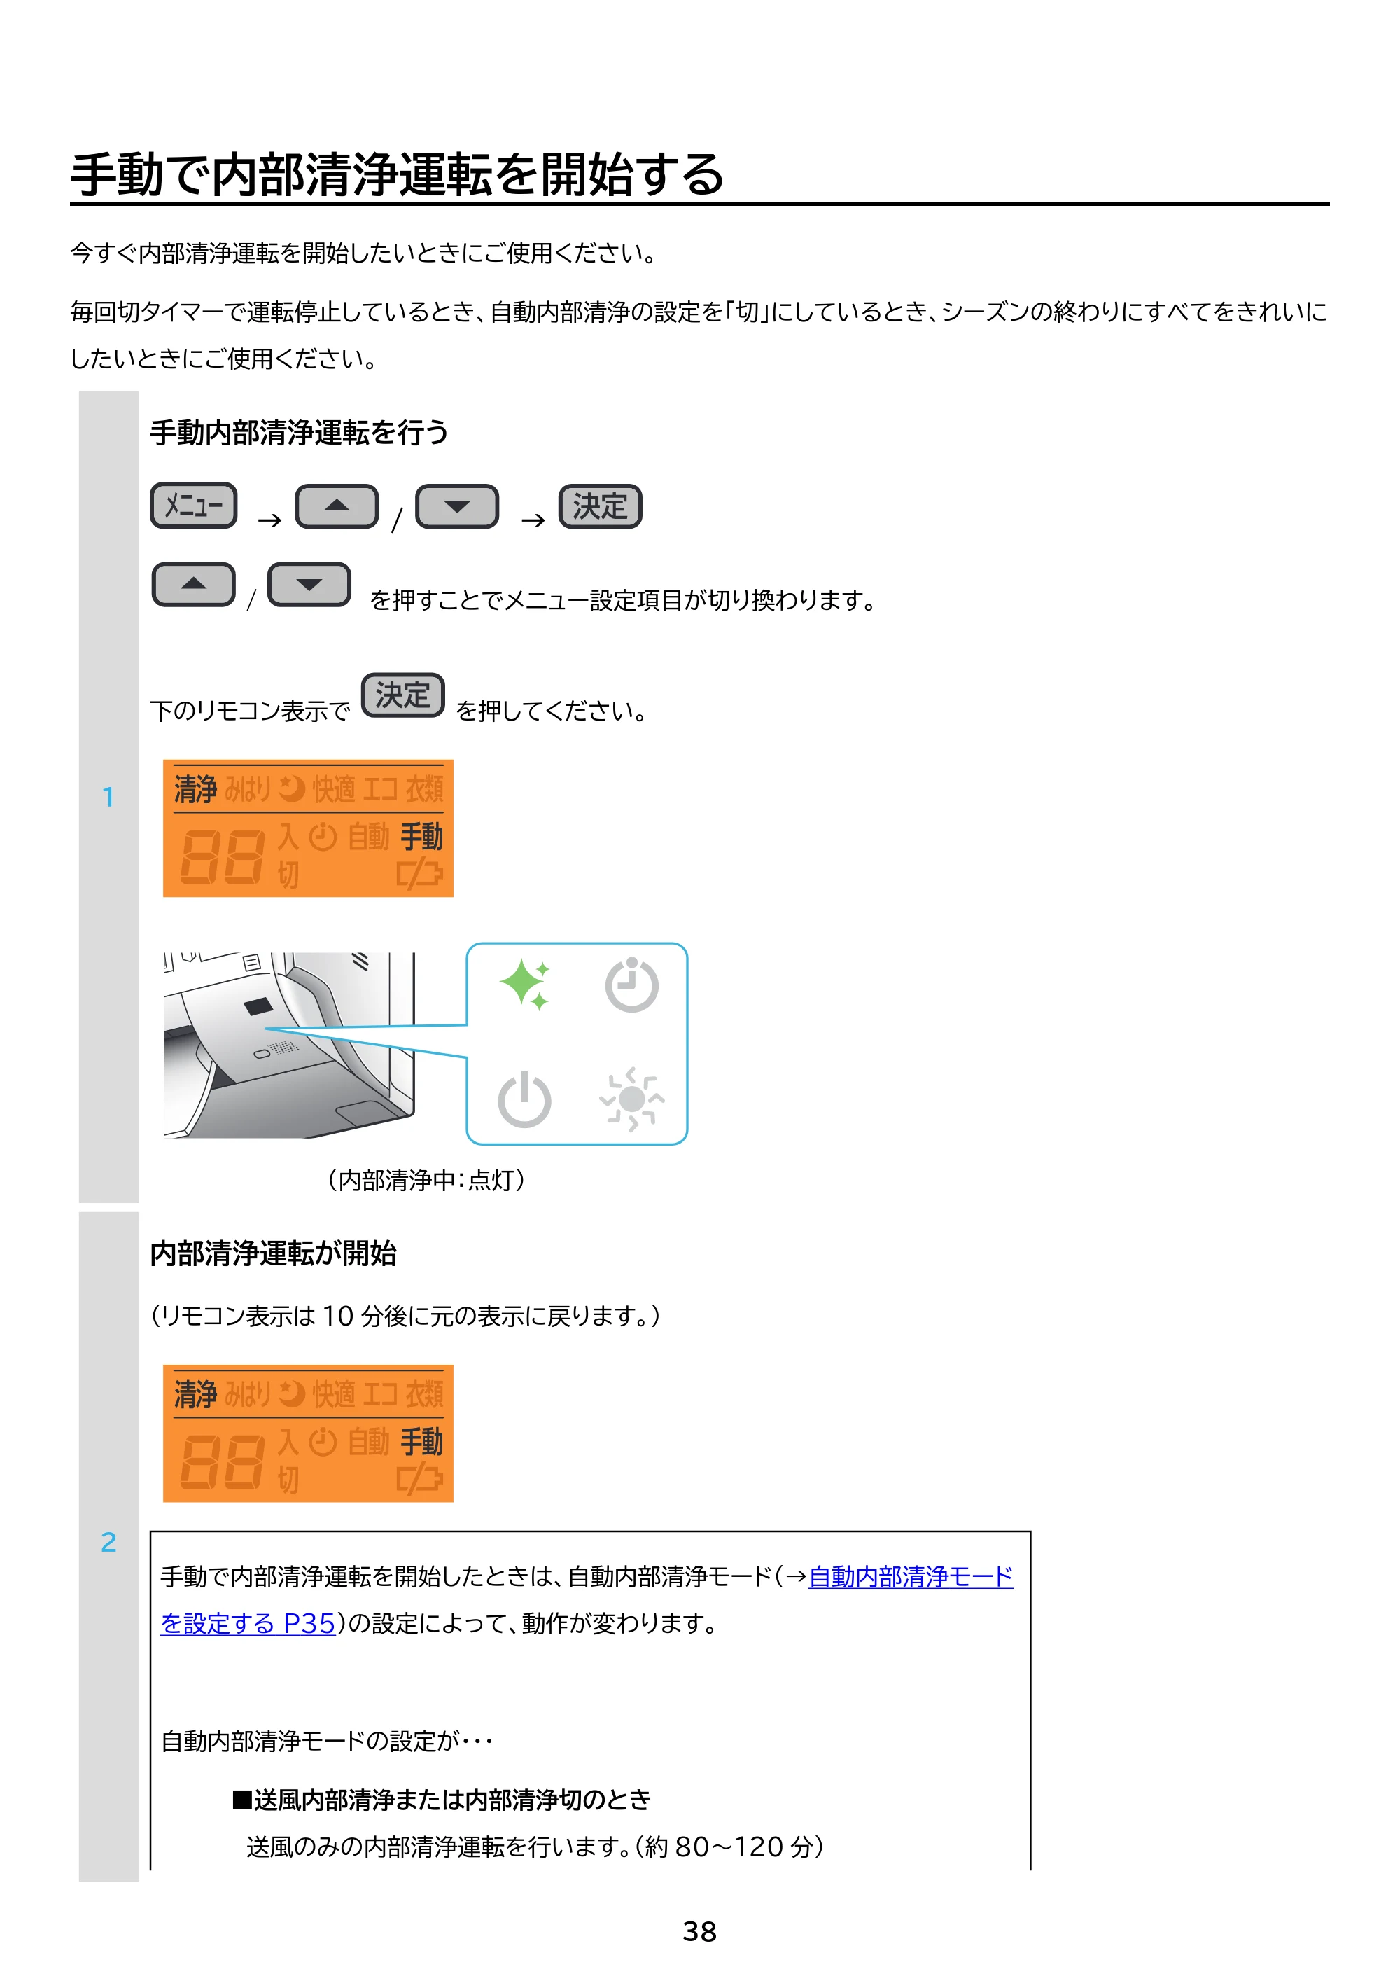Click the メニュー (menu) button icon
point(193,506)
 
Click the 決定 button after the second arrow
point(601,506)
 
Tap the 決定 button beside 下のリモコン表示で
point(402,695)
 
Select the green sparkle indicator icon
point(524,984)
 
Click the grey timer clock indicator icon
point(631,985)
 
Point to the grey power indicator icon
point(524,1099)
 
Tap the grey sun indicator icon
point(631,1099)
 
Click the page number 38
point(699,1931)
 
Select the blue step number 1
point(108,796)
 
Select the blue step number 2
point(108,1542)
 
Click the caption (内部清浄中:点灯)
point(426,1179)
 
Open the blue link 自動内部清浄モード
point(911,1576)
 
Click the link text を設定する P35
point(248,1623)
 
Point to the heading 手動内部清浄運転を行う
point(300,432)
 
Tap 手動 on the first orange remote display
point(422,836)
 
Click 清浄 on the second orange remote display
point(196,1394)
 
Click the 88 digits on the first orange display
point(222,857)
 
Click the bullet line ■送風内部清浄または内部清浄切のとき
point(441,1800)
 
